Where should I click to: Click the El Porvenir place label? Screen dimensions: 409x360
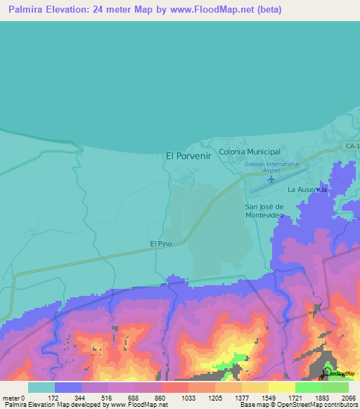[x=188, y=156]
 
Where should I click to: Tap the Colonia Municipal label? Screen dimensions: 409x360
[x=250, y=152]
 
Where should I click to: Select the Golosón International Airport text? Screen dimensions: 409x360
[x=262, y=167]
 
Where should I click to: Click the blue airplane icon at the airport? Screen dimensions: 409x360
[x=271, y=179]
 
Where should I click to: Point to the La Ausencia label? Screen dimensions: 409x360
[x=307, y=190]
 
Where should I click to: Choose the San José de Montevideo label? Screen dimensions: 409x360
[x=264, y=211]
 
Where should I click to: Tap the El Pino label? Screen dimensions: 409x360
[x=161, y=244]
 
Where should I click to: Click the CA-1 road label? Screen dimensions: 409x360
[x=352, y=145]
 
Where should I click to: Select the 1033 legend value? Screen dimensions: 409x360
[x=188, y=397]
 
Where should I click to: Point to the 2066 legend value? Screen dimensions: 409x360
[x=349, y=397]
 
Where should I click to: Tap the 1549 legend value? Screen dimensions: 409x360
[x=269, y=397]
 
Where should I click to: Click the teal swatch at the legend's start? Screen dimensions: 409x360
[x=41, y=387]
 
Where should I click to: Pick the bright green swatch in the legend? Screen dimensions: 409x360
[x=308, y=387]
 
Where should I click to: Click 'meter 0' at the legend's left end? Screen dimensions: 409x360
[x=13, y=397]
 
